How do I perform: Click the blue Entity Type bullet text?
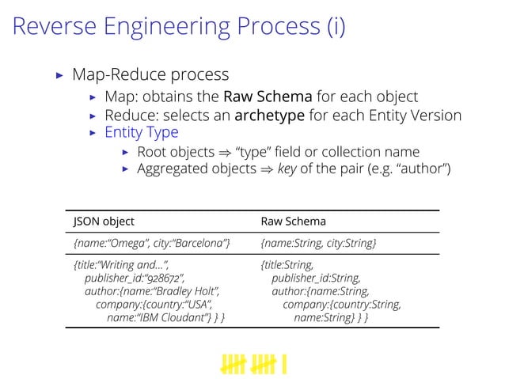(x=142, y=132)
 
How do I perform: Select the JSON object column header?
(x=104, y=222)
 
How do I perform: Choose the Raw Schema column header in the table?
(x=293, y=222)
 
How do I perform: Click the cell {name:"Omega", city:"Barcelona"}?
(x=152, y=243)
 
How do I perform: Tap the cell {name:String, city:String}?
(x=318, y=243)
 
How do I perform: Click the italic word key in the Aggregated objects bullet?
(x=287, y=168)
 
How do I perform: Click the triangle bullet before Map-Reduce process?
(x=59, y=76)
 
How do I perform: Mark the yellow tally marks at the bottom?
(x=253, y=363)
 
